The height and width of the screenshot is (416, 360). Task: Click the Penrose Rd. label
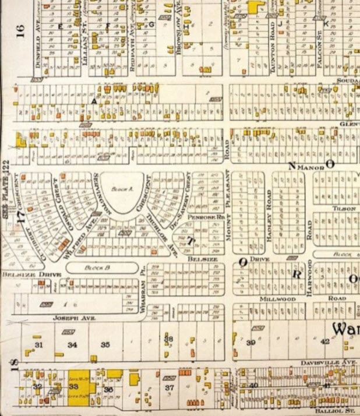point(213,216)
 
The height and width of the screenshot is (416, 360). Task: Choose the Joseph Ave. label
point(65,319)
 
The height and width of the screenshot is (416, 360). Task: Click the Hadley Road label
point(269,216)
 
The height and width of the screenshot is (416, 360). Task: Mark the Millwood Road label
point(278,299)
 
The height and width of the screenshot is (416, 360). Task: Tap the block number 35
point(105,345)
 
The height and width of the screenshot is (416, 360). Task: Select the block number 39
point(251,343)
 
